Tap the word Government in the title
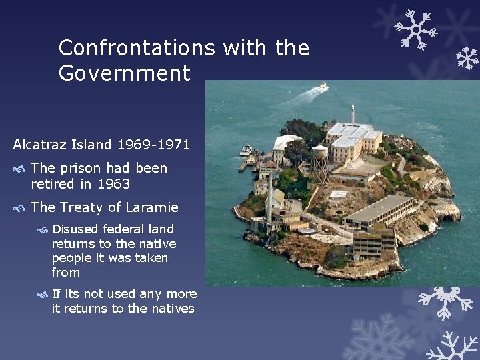point(124,73)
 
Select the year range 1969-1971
point(154,144)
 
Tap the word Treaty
point(81,207)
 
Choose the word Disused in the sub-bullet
point(75,229)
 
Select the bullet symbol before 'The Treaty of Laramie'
point(20,208)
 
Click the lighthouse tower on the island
point(352,113)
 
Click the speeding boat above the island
point(323,86)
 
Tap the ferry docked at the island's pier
point(246,150)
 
